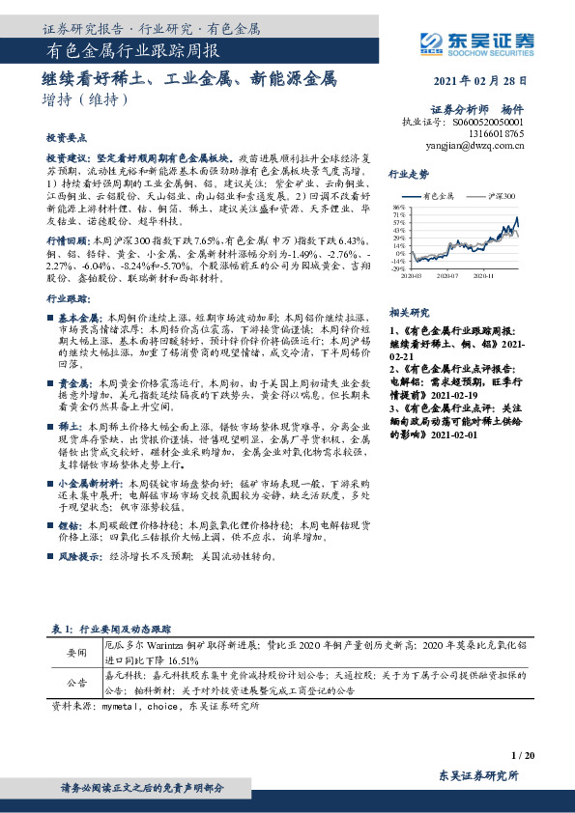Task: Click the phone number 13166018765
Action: [499, 134]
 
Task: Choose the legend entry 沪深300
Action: [501, 195]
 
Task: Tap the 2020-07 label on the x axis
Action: [446, 275]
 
